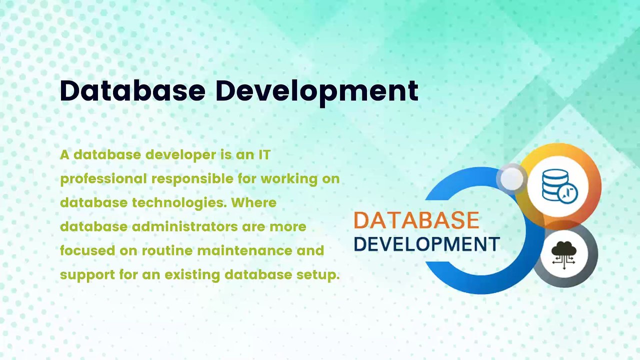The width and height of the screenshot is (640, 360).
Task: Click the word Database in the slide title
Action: pos(132,91)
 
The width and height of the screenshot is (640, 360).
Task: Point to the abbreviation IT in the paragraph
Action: pos(264,155)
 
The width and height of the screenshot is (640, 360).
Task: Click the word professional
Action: pos(103,179)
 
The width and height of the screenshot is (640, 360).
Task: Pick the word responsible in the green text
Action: pos(203,179)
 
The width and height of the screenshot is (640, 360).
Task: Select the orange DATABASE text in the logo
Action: pos(416,220)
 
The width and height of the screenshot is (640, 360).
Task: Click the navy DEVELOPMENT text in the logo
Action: pos(426,244)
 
